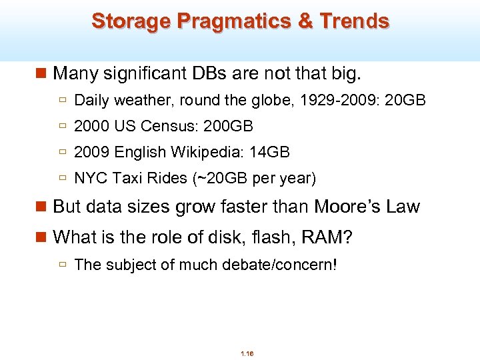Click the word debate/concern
pyautogui.click(x=281, y=265)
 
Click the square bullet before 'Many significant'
pyautogui.click(x=43, y=72)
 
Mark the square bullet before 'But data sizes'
pyautogui.click(x=43, y=207)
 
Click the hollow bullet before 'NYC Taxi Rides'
pyautogui.click(x=63, y=178)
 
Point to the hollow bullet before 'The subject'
pyautogui.click(x=63, y=265)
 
